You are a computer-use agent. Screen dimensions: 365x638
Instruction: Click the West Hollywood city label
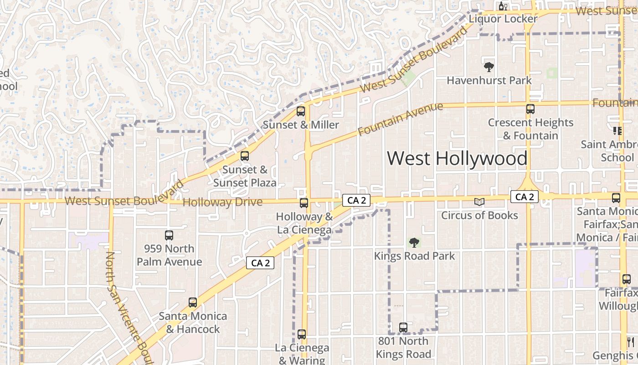457,158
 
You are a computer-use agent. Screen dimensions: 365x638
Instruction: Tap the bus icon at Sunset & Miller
301,111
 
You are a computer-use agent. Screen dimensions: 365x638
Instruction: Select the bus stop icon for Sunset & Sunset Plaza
245,156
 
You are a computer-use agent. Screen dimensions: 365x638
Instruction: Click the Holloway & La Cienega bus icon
304,203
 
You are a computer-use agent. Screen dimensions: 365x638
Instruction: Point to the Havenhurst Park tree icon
489,68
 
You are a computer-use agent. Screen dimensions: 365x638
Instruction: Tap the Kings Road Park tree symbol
414,242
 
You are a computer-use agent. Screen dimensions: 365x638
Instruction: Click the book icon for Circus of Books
479,202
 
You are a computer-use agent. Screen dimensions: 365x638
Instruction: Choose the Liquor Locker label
503,19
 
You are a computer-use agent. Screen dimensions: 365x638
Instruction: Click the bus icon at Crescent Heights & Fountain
530,109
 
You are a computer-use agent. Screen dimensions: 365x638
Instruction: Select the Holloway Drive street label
222,202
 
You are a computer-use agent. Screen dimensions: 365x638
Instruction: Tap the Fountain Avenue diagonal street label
401,119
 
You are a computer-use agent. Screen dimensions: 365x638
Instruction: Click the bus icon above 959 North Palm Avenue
169,235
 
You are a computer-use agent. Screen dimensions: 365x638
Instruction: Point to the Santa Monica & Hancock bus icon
193,302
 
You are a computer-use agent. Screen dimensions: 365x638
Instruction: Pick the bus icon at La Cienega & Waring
302,334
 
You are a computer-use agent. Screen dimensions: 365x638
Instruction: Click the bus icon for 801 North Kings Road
403,327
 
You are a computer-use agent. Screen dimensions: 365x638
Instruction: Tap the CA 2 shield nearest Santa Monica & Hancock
260,263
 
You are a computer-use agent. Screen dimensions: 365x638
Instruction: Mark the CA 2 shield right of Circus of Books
525,197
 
